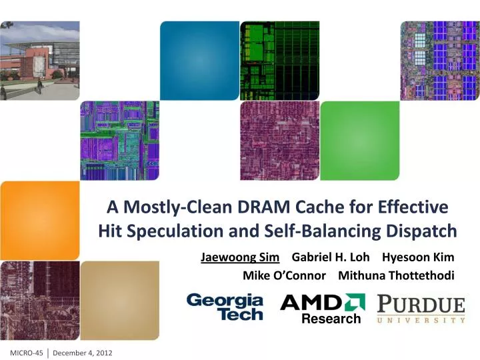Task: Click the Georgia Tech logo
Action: [225, 307]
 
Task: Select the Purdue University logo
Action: [421, 309]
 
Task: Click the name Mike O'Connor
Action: [284, 275]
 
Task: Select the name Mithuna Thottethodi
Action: [397, 275]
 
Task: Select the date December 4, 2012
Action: [83, 351]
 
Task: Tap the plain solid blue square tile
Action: [199, 60]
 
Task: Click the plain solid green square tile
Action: [359, 140]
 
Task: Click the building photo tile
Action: [39, 60]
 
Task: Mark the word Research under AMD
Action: [331, 319]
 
